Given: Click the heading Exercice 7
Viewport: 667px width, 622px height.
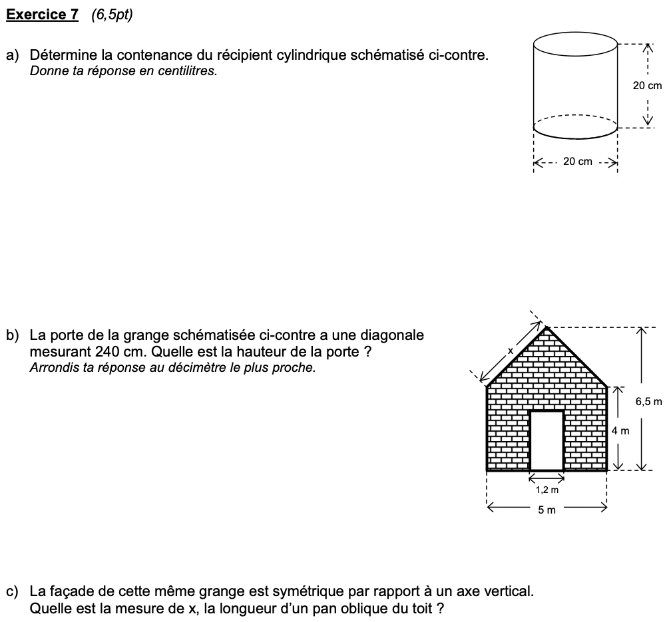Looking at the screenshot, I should tap(42, 15).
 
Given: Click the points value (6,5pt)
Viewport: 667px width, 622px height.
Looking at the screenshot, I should tap(112, 15).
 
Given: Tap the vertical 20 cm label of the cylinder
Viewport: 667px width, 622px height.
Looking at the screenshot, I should tap(647, 85).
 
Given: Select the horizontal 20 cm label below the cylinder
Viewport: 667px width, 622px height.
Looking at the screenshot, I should tap(577, 162).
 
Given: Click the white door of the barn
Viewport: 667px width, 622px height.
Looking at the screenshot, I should tap(547, 440).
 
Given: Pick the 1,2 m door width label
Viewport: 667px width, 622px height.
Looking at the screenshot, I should tap(547, 490).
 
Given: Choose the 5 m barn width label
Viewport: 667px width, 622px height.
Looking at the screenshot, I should tap(547, 510).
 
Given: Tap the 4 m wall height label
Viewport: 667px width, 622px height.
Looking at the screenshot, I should tap(620, 431).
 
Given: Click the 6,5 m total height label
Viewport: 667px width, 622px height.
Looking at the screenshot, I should tap(649, 401).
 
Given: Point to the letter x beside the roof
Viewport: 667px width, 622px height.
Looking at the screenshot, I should tap(511, 350).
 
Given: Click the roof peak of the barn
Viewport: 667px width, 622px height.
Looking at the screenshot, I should tap(547, 327).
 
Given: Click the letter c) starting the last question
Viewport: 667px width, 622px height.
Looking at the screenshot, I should tap(13, 591).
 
